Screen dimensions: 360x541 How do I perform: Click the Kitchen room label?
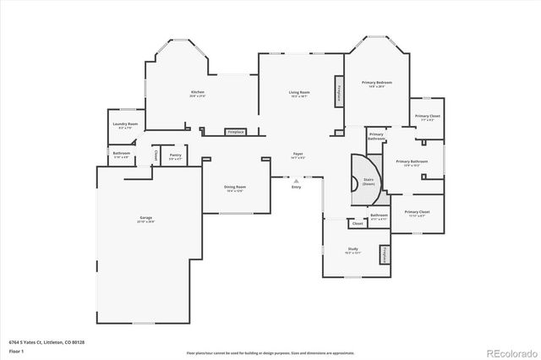point(197,92)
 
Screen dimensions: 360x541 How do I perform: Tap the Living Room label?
point(299,93)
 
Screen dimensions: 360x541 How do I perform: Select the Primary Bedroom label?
point(378,83)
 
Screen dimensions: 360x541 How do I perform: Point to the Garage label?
point(146,218)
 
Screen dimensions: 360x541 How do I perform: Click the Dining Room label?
point(235,187)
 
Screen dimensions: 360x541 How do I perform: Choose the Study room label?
point(352,248)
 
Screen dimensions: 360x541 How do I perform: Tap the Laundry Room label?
point(125,124)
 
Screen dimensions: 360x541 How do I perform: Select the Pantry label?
point(175,155)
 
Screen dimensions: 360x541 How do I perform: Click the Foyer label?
point(297,155)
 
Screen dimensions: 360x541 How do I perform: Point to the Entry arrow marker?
point(296,181)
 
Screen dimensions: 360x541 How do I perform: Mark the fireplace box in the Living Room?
point(340,92)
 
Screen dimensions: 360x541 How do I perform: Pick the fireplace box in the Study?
point(385,254)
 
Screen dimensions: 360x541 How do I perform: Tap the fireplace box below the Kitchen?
point(235,132)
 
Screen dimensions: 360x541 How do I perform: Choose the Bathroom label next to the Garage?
point(122,154)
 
